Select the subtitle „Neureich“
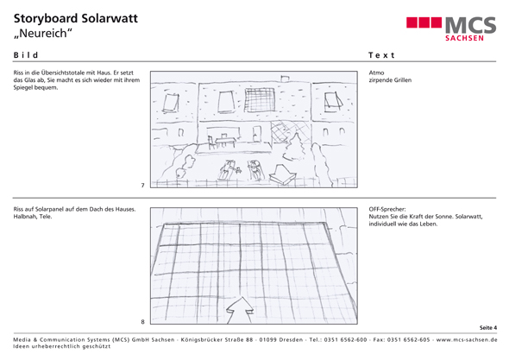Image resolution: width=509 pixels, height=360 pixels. (43, 33)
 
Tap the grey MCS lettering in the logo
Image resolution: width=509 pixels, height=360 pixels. (470, 25)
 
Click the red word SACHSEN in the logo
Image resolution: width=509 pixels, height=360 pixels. (464, 38)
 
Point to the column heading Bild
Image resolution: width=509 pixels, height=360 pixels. (26, 55)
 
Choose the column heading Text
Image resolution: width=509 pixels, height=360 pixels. (381, 55)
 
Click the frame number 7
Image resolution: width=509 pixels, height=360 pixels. (142, 186)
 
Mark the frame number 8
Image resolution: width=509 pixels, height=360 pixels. (142, 322)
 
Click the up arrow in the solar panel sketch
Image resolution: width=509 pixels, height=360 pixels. (240, 310)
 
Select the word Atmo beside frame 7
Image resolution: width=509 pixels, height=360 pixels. (376, 73)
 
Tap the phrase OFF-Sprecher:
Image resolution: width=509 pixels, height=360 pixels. (387, 209)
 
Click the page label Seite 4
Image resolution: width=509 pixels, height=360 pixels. (488, 327)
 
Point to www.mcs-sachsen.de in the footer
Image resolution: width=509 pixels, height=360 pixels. (467, 339)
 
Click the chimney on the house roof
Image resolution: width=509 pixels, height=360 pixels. (285, 79)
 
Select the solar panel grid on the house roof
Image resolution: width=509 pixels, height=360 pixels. (260, 100)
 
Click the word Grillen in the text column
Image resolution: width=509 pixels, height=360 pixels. (402, 80)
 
